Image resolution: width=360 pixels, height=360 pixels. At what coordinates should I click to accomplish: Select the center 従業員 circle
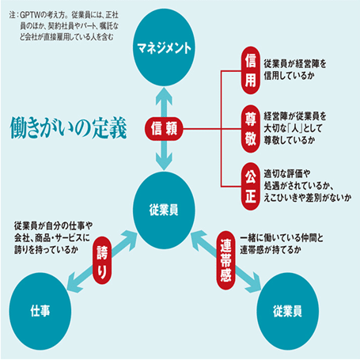click(164, 210)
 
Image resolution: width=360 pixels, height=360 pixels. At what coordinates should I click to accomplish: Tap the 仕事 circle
click(40, 311)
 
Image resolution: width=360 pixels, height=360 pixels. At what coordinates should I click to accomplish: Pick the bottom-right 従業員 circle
click(287, 311)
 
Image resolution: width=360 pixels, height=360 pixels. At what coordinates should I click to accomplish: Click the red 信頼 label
click(164, 129)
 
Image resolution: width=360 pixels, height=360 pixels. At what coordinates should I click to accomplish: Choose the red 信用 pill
click(251, 70)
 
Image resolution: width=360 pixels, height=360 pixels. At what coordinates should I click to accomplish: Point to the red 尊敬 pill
click(251, 129)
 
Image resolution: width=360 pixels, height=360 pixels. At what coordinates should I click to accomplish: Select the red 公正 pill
click(251, 187)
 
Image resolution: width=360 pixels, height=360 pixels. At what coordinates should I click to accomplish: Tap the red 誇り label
click(102, 260)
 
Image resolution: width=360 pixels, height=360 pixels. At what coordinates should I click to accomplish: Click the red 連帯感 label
click(225, 260)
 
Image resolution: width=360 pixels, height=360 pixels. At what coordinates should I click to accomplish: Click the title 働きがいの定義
click(68, 128)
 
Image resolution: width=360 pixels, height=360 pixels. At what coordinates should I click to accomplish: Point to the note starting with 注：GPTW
click(64, 26)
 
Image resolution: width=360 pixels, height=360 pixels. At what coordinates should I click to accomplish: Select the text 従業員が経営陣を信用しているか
click(295, 70)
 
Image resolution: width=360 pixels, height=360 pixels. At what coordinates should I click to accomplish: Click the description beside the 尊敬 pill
click(295, 128)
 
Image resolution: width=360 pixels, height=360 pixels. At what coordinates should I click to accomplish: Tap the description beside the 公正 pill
click(308, 186)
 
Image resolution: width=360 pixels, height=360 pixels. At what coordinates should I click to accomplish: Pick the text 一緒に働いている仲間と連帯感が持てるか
click(282, 244)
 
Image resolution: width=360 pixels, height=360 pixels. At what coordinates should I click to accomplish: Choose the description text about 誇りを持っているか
click(53, 238)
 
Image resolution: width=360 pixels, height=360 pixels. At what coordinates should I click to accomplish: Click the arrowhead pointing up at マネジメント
click(164, 96)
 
